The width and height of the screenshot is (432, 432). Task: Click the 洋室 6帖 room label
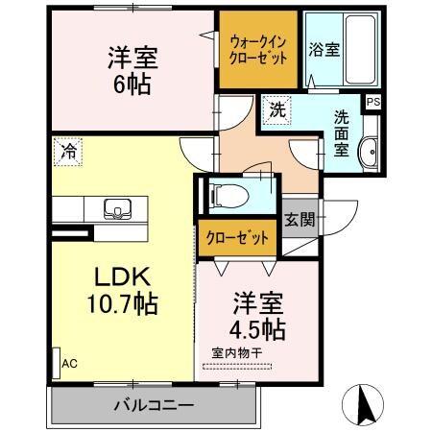point(132,69)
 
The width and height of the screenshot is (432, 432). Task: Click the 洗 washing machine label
point(276,109)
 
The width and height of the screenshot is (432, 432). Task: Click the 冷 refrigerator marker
point(69,150)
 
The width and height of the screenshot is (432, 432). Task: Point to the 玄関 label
point(300,219)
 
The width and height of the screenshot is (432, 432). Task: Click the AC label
point(69,364)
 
